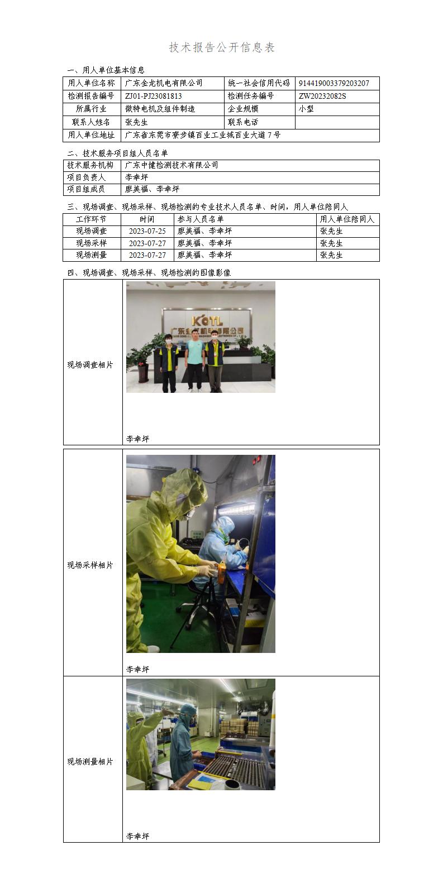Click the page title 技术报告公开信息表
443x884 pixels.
pos(222,48)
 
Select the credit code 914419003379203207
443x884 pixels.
pos(334,83)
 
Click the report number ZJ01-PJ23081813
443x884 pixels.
pos(154,96)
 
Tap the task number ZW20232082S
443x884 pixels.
pos(322,96)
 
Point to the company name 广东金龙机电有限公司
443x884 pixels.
pos(164,83)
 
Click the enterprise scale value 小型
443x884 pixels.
pos(306,109)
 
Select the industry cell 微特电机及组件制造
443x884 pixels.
pos(160,109)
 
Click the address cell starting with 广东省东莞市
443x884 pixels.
pos(202,135)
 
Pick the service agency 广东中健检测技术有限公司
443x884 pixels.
pos(172,165)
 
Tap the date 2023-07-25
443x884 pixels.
pos(147,231)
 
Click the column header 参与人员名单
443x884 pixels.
pos(200,219)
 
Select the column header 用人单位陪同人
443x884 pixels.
pos(347,219)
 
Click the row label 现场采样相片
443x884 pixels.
pos(90,565)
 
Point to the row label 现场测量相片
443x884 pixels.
pos(90,762)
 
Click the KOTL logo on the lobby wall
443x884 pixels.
pos(207,320)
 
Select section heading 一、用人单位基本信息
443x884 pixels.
pos(106,70)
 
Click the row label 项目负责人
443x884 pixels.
pos(87,177)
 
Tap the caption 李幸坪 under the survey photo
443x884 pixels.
pos(137,439)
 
